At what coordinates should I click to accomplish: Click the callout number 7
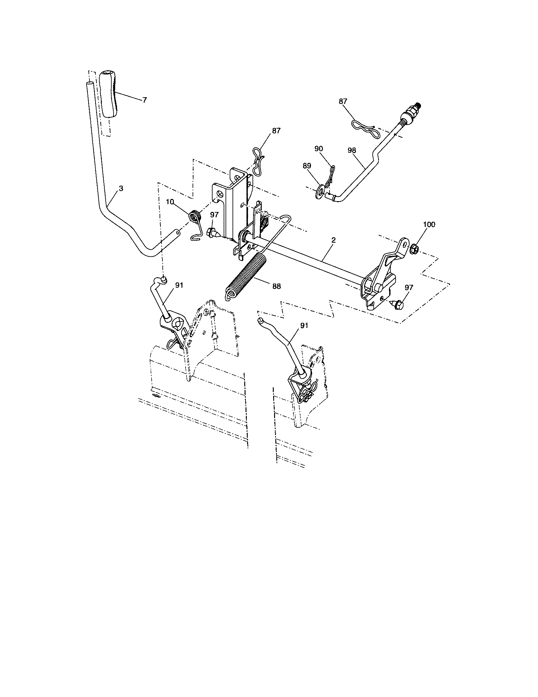[x=145, y=100]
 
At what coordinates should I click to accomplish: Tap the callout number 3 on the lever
[x=121, y=189]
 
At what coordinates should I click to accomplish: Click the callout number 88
[x=277, y=286]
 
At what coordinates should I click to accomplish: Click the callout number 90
[x=318, y=148]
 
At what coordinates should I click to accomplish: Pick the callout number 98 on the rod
[x=351, y=150]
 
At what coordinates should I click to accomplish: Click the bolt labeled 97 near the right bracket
[x=398, y=305]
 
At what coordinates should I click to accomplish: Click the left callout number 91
[x=179, y=285]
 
